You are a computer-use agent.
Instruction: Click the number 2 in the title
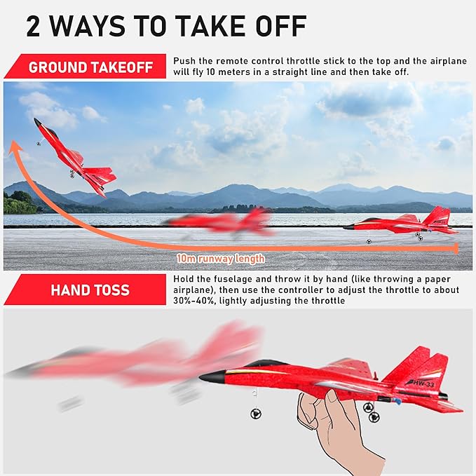point(36,26)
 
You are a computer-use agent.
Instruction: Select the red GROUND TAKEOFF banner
point(88,68)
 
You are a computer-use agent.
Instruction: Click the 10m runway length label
point(221,259)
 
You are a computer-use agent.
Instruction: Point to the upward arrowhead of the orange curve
point(13,147)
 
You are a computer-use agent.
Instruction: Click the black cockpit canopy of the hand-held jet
point(266,363)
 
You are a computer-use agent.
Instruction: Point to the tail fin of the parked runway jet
point(438,216)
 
